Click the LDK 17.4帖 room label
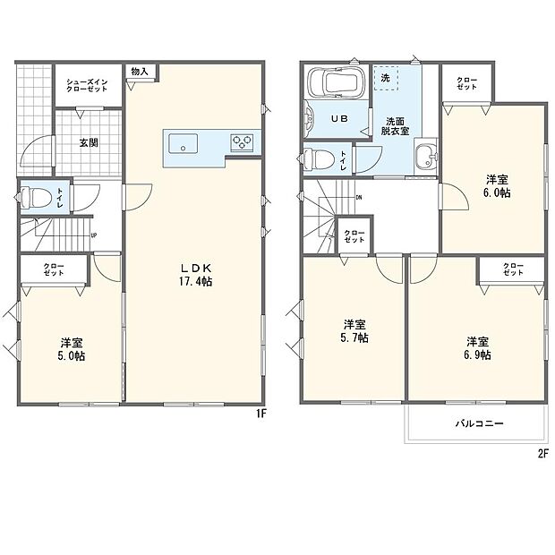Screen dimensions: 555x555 [x=193, y=274]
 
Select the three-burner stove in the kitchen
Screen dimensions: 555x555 [x=242, y=141]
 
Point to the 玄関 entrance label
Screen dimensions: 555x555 [x=87, y=141]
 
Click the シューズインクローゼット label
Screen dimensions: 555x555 [x=87, y=86]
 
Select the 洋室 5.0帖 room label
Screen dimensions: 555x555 [x=73, y=349]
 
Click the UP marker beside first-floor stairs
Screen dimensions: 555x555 [x=93, y=235]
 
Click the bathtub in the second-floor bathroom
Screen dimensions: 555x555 [x=333, y=83]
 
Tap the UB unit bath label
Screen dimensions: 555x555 [x=341, y=119]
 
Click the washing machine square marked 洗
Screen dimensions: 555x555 [x=385, y=77]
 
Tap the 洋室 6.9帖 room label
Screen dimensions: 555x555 [x=477, y=347]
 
